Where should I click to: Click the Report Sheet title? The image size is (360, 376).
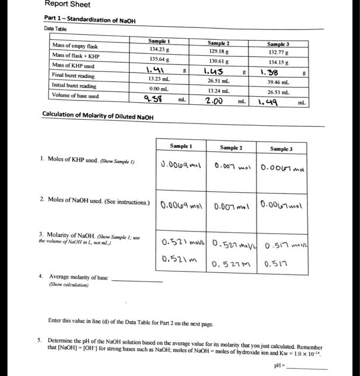tap(67, 5)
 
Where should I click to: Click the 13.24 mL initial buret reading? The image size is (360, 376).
tap(219, 90)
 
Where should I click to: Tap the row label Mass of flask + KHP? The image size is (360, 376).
tap(76, 56)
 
